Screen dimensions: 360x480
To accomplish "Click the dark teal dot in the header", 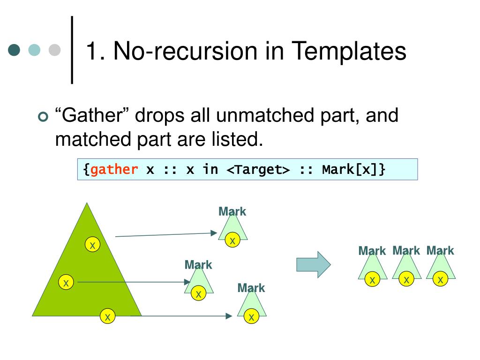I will [x=15, y=50].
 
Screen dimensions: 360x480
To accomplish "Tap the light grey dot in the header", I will [x=55, y=50].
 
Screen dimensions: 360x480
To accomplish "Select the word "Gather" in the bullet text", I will [x=92, y=115].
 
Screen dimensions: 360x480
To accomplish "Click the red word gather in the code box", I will [x=114, y=169].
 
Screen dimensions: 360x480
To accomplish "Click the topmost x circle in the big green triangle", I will [x=92, y=245].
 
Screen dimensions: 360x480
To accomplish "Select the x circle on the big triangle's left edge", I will [x=66, y=283].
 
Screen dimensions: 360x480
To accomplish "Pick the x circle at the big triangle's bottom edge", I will [x=107, y=317].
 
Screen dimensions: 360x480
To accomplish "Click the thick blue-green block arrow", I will [x=313, y=264].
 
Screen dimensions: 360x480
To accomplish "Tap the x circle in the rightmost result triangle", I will [x=440, y=280].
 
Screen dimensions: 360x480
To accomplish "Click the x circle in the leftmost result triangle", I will [x=372, y=280].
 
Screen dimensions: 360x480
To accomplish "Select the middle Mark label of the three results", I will [x=406, y=250].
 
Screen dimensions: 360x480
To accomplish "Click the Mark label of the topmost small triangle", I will [x=232, y=211].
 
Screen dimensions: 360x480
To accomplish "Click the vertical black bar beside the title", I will [x=72, y=50].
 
